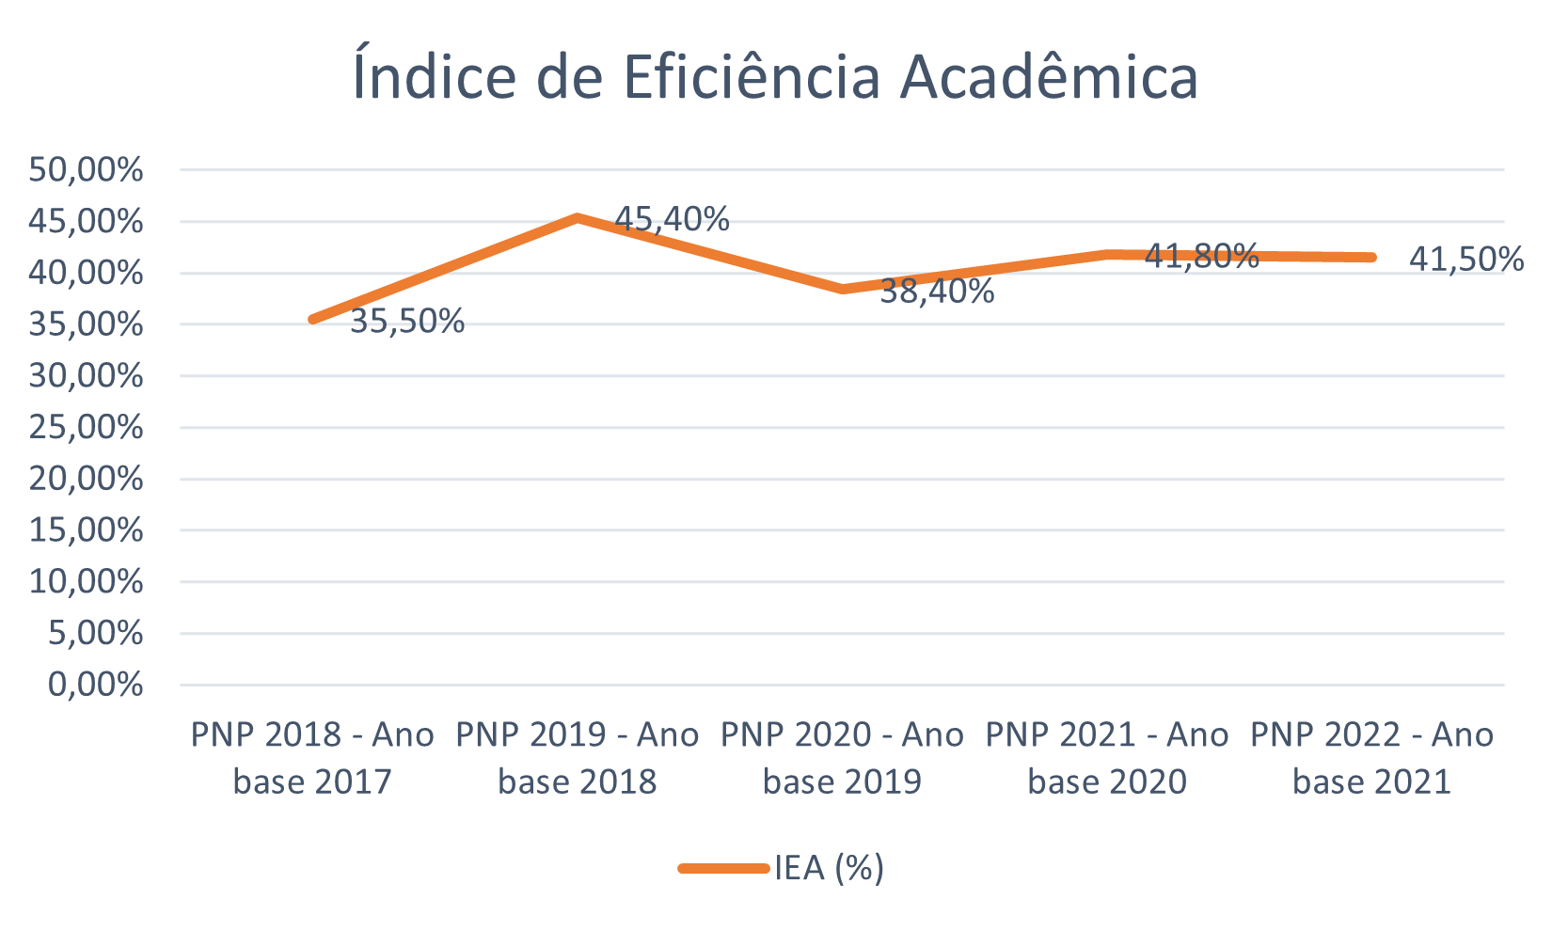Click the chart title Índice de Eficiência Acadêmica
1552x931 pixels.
coord(775,77)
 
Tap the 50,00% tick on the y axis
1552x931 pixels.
coord(86,170)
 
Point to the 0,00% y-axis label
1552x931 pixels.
coord(96,685)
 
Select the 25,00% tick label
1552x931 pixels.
coord(86,428)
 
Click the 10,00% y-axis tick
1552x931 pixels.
coord(86,582)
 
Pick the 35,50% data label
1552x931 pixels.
coord(407,322)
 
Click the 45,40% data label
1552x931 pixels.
coord(672,219)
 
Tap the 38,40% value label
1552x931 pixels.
coord(937,292)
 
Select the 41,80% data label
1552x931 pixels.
coord(1201,256)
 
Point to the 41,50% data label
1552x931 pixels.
coord(1466,259)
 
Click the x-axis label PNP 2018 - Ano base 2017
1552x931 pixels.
coord(312,758)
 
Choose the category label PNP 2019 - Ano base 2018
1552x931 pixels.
coord(578,758)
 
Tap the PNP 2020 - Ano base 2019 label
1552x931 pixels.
coord(842,758)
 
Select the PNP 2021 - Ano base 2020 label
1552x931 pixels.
coord(1107,758)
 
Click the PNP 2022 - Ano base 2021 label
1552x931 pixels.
coord(1371,758)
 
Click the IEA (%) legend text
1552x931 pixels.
coord(829,868)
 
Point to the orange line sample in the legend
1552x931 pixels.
coord(723,869)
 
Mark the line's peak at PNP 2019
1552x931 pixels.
coord(578,217)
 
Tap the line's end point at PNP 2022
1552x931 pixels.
coord(1371,257)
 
